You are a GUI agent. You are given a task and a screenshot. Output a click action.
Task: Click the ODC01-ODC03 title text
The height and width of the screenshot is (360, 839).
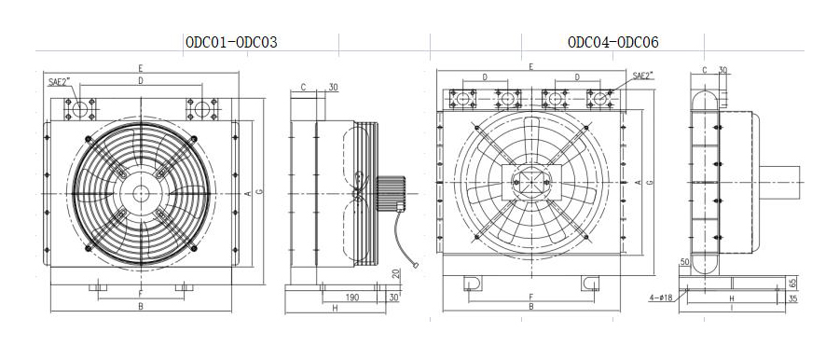(x=232, y=42)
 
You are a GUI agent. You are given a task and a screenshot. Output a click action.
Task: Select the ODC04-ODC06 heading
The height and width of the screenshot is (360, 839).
(x=613, y=42)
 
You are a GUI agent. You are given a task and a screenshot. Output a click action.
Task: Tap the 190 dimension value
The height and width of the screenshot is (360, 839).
(x=351, y=298)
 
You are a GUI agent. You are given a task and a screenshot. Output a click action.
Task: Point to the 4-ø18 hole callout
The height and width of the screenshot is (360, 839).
(x=661, y=298)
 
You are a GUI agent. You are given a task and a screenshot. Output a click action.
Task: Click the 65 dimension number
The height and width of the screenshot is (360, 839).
(x=793, y=282)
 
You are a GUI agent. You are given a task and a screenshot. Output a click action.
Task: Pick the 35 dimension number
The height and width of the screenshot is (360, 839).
(x=793, y=299)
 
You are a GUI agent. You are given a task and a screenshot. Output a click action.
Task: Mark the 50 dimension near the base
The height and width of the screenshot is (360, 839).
(x=684, y=262)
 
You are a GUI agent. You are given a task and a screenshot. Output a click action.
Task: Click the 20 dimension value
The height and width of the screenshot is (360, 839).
(x=395, y=273)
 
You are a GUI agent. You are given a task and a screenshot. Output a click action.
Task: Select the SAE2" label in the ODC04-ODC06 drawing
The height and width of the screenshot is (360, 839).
(x=643, y=76)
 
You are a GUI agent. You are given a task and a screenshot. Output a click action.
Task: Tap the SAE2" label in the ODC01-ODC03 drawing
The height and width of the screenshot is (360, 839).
(x=59, y=82)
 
